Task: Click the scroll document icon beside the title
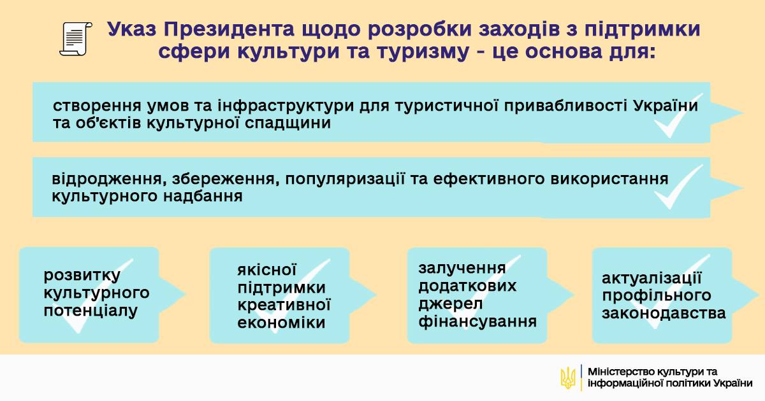coord(75,39)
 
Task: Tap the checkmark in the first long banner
coord(678,115)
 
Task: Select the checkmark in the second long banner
coord(678,187)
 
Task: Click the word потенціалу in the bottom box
coord(91,311)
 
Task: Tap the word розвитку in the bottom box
coord(82,276)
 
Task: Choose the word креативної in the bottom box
coord(284,305)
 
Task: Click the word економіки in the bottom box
coord(281,323)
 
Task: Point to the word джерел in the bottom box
coord(451,304)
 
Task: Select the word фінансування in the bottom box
coord(477,321)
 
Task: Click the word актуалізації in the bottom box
coord(652,278)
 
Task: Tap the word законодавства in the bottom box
coord(664,313)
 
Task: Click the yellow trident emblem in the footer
coord(567,377)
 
